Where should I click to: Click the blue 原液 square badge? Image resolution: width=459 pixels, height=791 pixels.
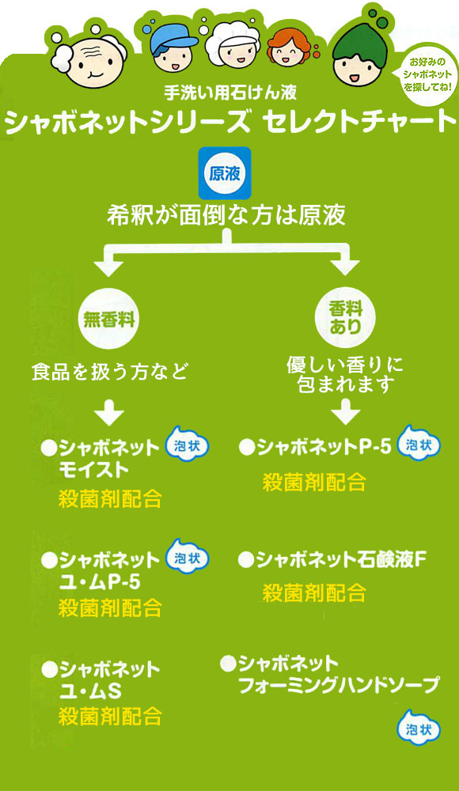[x=225, y=173]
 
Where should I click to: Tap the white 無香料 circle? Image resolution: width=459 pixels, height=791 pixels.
[x=109, y=319]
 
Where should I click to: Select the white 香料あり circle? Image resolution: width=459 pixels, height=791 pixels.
[x=345, y=318]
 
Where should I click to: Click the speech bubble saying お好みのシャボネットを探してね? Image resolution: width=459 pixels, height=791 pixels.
[x=427, y=74]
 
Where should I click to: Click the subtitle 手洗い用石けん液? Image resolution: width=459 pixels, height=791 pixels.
[x=230, y=92]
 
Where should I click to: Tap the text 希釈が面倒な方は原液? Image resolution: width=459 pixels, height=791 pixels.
[x=226, y=215]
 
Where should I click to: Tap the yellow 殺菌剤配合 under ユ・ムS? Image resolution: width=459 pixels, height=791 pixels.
[x=109, y=717]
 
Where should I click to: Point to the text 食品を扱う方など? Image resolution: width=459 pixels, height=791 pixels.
[x=109, y=373]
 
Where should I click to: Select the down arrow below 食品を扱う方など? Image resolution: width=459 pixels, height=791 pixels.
[x=109, y=412]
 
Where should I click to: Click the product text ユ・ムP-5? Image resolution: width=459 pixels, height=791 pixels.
[x=100, y=582]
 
